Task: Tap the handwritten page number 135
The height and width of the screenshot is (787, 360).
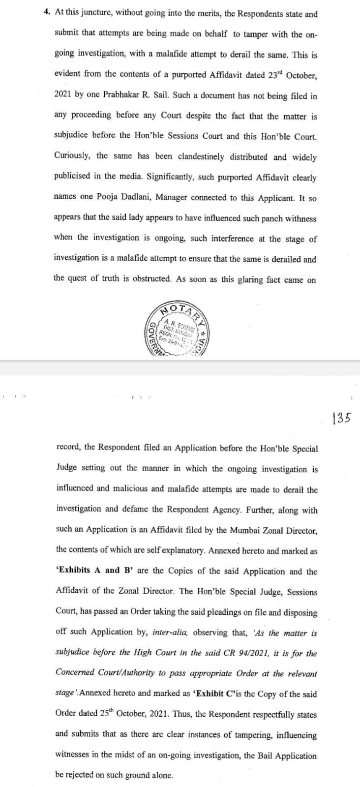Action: click(x=341, y=418)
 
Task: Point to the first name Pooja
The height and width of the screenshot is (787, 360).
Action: click(x=108, y=197)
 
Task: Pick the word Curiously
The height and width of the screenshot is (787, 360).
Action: click(x=73, y=156)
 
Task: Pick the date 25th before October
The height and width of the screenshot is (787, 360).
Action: click(x=104, y=714)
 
